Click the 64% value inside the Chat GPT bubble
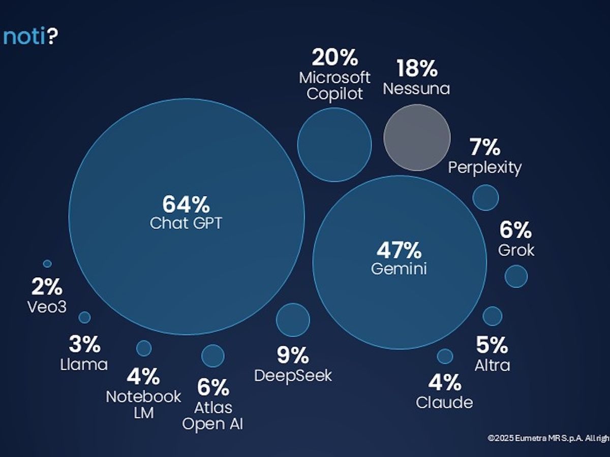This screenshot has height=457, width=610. pyautogui.click(x=186, y=205)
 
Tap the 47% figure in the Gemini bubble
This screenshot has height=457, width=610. pyautogui.click(x=399, y=250)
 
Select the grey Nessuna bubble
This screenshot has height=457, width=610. pyautogui.click(x=417, y=137)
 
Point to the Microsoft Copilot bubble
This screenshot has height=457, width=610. pyautogui.click(x=334, y=144)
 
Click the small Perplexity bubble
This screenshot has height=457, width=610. pyautogui.click(x=485, y=197)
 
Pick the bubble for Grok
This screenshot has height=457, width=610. pyautogui.click(x=516, y=276)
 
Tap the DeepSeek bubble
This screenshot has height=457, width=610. pyautogui.click(x=293, y=320)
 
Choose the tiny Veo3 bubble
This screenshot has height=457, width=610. pyautogui.click(x=47, y=264)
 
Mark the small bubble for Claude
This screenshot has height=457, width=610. pyautogui.click(x=445, y=356)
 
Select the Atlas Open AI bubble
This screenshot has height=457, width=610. pyautogui.click(x=212, y=355)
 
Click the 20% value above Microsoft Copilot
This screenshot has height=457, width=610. pyautogui.click(x=334, y=58)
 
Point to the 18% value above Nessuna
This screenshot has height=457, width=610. pyautogui.click(x=416, y=68)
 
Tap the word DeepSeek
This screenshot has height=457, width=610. pyautogui.click(x=293, y=376)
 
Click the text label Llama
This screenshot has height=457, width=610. pyautogui.click(x=84, y=364)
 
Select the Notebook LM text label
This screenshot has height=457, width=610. pyautogui.click(x=143, y=404)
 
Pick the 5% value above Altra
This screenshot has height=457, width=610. pyautogui.click(x=492, y=345)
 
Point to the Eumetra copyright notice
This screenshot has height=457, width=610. pyautogui.click(x=548, y=438)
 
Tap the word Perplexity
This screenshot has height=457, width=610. pyautogui.click(x=484, y=167)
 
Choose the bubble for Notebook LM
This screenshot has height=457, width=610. pyautogui.click(x=144, y=348)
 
